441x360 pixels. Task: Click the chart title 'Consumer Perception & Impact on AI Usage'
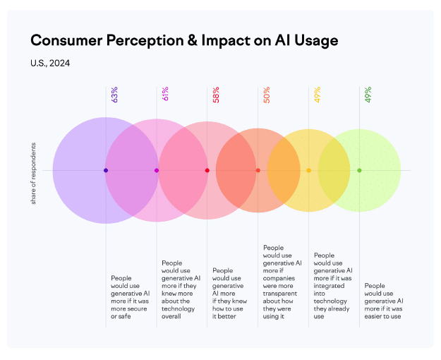184,40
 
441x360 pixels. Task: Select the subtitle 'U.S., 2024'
49,64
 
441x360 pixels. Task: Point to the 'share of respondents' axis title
33,174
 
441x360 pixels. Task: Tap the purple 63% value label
114,95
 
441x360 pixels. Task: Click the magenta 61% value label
164,95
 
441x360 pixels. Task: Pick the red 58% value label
215,95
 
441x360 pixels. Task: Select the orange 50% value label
266,95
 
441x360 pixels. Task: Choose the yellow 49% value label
317,95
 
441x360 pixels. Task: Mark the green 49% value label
368,95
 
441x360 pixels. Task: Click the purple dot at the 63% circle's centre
106,170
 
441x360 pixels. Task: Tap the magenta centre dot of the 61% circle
157,170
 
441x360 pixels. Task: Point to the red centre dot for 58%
207,170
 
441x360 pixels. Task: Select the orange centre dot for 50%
258,170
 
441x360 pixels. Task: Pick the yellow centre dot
309,170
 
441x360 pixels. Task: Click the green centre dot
359,170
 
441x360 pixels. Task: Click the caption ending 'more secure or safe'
131,296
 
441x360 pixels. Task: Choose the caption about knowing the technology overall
181,289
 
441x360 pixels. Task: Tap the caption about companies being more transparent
283,282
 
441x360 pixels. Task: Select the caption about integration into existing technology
334,286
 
